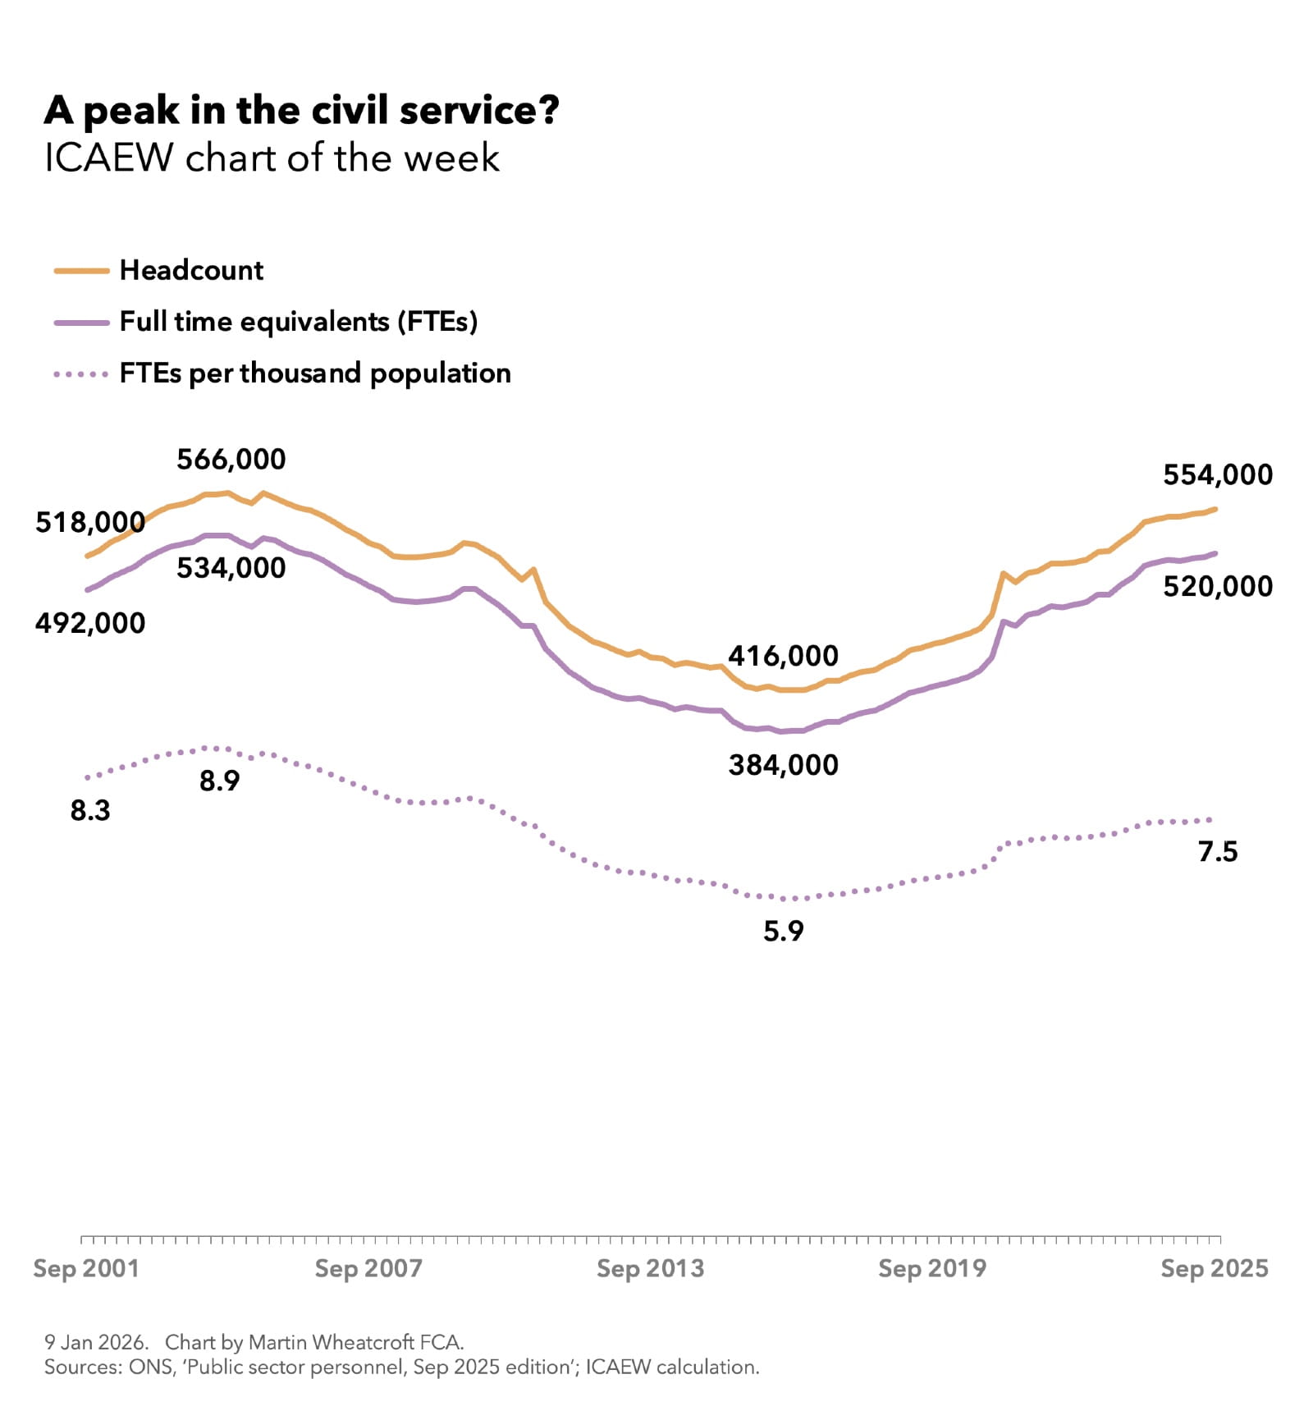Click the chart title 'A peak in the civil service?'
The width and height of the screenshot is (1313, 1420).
pos(301,111)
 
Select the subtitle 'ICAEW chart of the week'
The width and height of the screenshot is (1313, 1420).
pos(272,158)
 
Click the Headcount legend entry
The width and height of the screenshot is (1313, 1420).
pos(191,270)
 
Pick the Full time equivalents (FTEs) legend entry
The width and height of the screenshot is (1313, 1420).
pos(298,321)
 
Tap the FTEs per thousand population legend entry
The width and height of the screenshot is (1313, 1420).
pos(315,373)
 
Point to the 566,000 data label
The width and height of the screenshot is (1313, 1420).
pos(231,459)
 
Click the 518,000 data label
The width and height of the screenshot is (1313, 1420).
pos(89,522)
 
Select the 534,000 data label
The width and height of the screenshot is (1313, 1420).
pos(231,567)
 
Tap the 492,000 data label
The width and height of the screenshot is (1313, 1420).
pos(89,623)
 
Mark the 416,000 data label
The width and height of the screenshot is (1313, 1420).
pos(783,656)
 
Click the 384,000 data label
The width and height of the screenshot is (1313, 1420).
pos(783,765)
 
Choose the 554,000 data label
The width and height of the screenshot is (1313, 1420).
pos(1218,474)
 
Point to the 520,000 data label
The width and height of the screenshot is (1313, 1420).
pos(1218,586)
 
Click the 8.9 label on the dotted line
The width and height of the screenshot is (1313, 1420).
pos(219,781)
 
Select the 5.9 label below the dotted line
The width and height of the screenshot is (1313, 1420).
pos(783,931)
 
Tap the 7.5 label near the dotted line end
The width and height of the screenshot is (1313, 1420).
pos(1218,851)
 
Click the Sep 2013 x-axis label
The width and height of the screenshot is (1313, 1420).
pos(650,1268)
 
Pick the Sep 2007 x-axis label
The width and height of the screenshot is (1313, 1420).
pos(368,1268)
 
